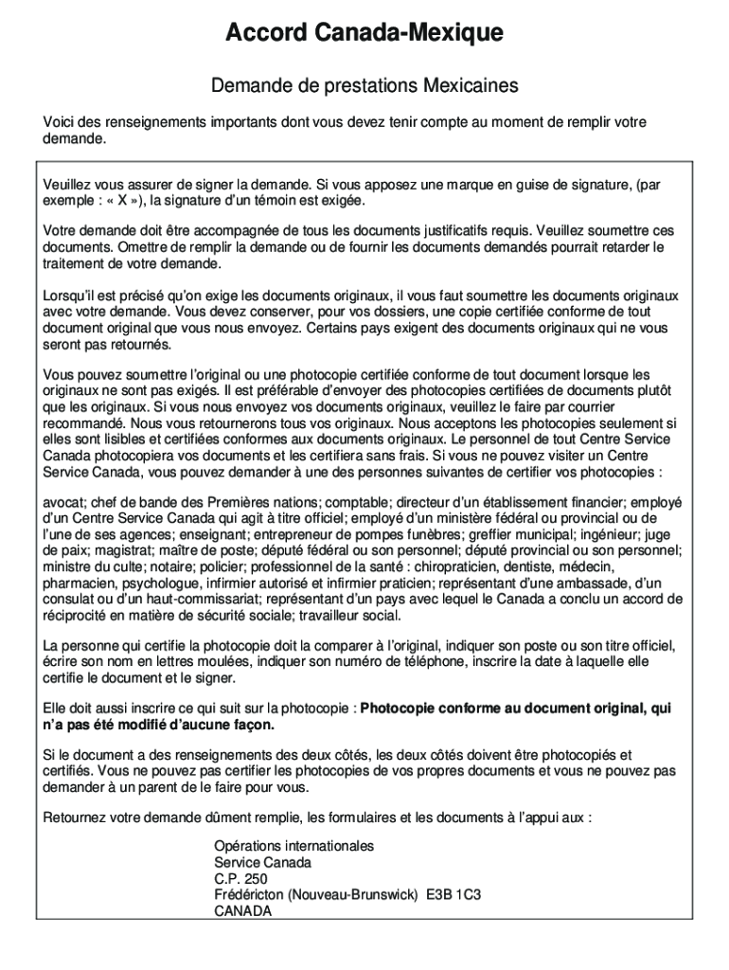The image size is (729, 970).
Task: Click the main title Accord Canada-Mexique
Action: [364, 35]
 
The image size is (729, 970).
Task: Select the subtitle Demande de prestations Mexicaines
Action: [364, 86]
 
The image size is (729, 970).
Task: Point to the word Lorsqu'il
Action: [72, 295]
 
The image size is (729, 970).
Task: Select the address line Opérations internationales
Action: [293, 846]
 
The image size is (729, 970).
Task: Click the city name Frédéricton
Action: [249, 895]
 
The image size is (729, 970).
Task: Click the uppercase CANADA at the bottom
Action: [242, 911]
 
